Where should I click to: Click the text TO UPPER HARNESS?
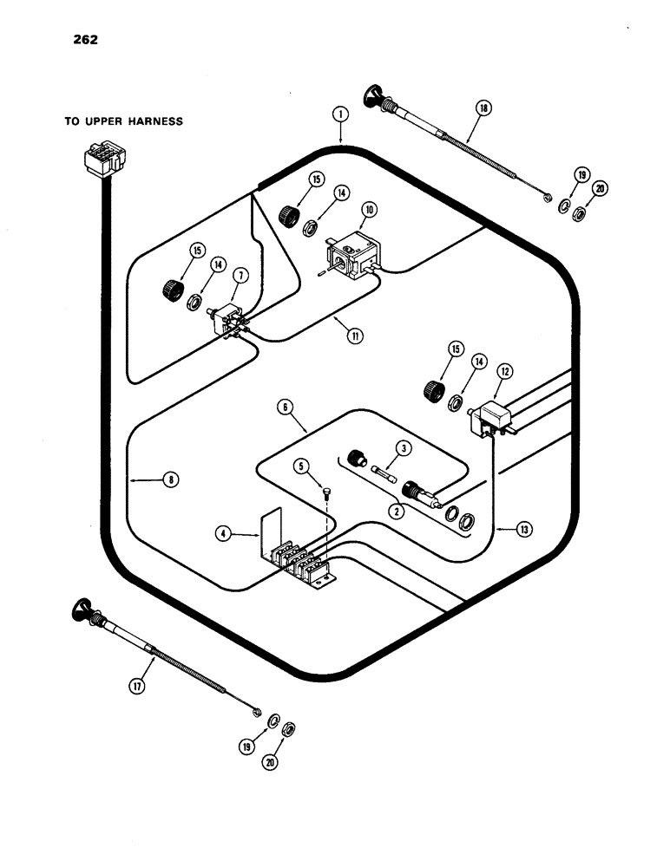click(123, 121)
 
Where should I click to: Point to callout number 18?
click(483, 108)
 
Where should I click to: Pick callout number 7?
click(240, 276)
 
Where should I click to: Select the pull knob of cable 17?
click(83, 610)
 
